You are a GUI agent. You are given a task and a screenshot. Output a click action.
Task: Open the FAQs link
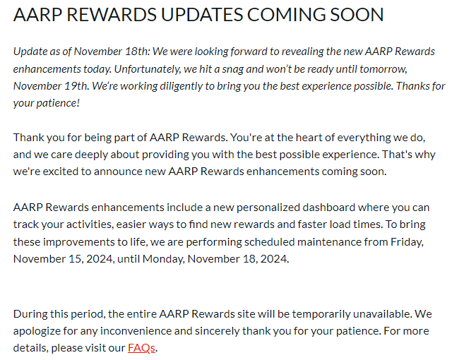coord(141,347)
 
